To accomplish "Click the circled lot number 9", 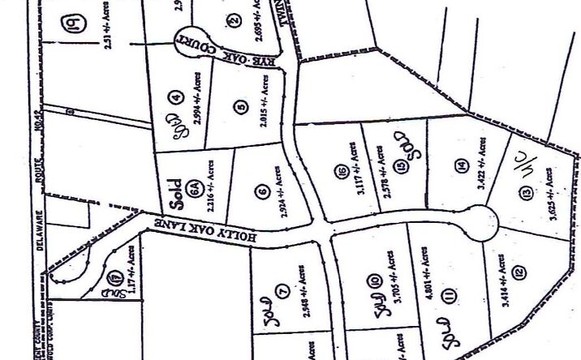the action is tap(71, 24).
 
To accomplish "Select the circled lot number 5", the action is tap(241, 105).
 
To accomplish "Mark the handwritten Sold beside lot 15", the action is tap(407, 146).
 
